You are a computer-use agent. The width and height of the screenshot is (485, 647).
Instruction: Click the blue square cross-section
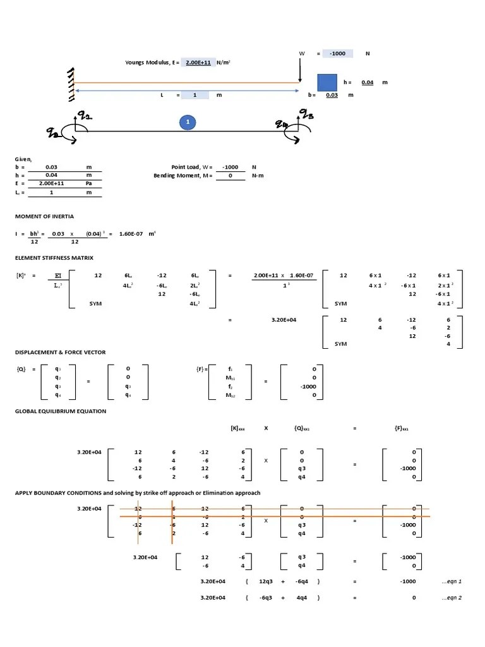(326, 83)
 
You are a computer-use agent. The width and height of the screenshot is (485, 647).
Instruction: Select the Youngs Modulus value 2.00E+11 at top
(197, 63)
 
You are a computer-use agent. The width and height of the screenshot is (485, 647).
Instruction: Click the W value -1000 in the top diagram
(337, 54)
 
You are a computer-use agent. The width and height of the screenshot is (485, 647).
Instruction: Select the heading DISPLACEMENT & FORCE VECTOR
(61, 352)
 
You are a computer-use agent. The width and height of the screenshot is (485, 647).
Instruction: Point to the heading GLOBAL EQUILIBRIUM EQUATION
(61, 411)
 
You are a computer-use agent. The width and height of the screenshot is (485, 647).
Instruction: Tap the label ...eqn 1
(452, 581)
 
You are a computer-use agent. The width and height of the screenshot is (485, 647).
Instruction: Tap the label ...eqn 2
(452, 598)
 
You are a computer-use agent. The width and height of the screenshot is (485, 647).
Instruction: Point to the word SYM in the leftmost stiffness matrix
(96, 303)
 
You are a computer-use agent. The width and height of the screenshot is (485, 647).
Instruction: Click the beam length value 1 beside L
(195, 95)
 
